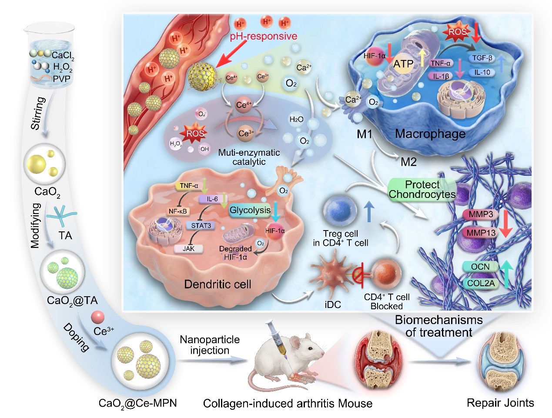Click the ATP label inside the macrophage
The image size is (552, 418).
[403, 64]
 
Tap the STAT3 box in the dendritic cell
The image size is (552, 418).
[201, 225]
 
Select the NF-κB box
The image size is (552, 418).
[177, 211]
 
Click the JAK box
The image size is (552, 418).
[189, 249]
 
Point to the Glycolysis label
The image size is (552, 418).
[250, 210]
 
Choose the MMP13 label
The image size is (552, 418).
[481, 233]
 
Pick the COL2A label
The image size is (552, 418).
[481, 283]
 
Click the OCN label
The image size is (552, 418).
[480, 267]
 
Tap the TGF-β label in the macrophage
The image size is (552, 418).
[482, 58]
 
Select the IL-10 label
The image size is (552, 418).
[482, 72]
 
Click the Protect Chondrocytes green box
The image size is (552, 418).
[422, 190]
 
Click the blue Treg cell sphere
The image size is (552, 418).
[340, 211]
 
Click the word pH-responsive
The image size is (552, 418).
[264, 36]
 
